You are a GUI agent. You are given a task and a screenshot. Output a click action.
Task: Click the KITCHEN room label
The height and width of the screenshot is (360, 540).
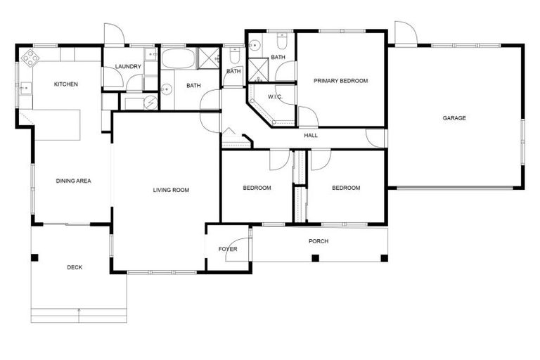pos(66,84)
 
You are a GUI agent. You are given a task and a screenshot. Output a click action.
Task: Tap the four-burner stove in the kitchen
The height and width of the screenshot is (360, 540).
pos(30,56)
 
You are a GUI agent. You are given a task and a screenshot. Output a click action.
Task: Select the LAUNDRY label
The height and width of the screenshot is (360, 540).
pos(128,67)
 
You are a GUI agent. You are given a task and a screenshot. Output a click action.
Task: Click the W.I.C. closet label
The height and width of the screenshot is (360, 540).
pos(275,96)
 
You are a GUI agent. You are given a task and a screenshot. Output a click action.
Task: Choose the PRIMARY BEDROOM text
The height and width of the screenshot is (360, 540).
pos(340,81)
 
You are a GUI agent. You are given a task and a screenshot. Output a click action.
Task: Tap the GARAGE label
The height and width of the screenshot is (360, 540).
pos(454,118)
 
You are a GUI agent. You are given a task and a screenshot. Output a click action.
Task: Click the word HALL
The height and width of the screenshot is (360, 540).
pos(311,135)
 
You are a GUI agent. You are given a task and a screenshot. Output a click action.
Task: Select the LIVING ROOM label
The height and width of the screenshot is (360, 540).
pos(172,190)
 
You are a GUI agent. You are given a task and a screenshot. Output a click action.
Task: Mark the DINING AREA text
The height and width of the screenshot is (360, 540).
pos(74,181)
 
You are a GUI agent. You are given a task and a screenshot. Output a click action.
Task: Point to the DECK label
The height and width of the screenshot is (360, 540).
pos(75,267)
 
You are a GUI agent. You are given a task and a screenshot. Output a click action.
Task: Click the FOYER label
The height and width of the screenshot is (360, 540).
pos(228,249)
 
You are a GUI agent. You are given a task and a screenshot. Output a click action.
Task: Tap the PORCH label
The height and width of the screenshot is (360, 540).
pos(319,241)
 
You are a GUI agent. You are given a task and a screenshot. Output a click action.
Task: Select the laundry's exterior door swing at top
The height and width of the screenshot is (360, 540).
pos(114,35)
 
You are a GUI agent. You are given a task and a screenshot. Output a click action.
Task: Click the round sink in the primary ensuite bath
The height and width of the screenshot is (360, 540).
pos(254,44)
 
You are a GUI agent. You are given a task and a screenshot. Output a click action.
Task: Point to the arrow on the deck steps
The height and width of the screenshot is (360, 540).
pos(79,309)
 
